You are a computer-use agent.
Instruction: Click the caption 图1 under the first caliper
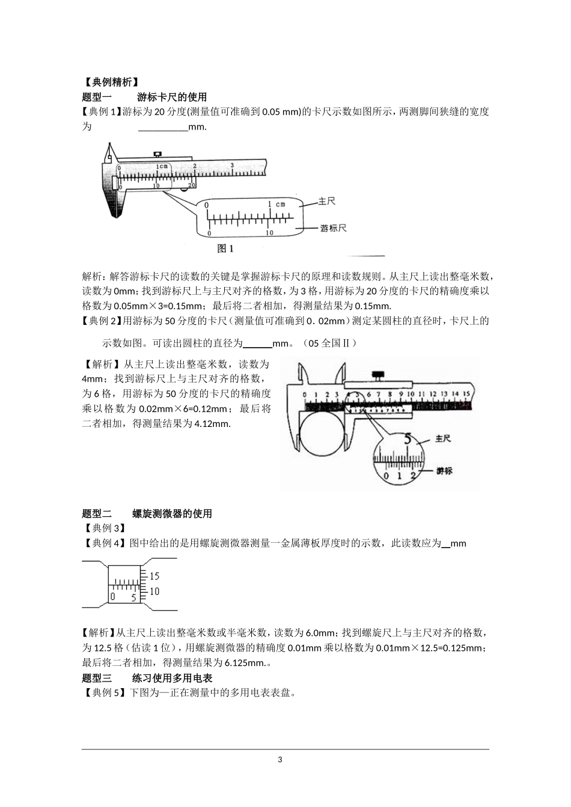(x=225, y=247)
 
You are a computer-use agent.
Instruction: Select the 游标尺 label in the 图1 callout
(x=333, y=228)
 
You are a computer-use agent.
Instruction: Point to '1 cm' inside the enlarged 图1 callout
(x=276, y=204)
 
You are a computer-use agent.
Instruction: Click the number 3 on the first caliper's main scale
(x=232, y=165)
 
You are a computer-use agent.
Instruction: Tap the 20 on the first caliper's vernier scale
(x=192, y=186)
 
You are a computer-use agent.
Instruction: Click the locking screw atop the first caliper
(x=158, y=154)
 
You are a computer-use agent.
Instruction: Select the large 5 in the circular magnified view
(x=408, y=439)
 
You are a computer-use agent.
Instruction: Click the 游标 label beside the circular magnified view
(x=444, y=471)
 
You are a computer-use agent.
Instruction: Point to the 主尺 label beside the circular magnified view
(x=442, y=439)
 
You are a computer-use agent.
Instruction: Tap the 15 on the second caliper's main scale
(x=465, y=394)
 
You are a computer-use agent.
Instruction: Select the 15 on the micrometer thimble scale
(x=154, y=576)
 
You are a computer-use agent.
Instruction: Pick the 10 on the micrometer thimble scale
(x=154, y=591)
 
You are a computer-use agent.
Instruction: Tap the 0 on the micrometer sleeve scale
(x=112, y=597)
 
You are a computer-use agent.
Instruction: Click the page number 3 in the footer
(x=279, y=760)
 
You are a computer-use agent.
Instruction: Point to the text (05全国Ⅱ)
(x=331, y=343)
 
